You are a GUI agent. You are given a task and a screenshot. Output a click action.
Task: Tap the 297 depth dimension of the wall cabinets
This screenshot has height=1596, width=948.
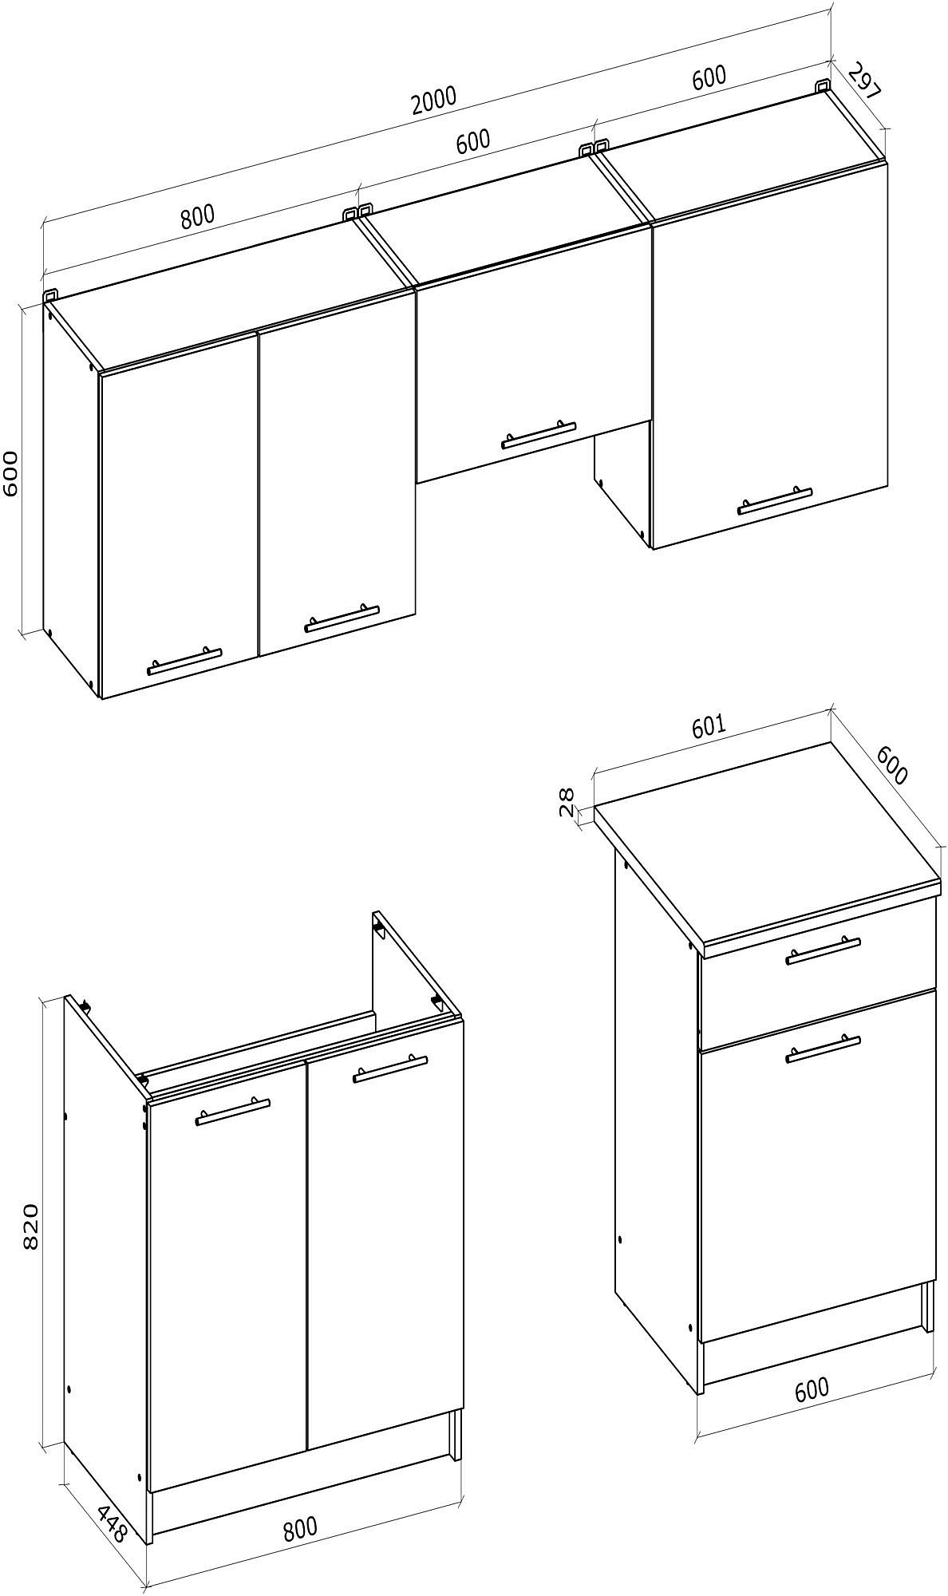(864, 81)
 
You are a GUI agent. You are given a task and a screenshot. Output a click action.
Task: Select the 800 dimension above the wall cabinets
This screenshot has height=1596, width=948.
(197, 216)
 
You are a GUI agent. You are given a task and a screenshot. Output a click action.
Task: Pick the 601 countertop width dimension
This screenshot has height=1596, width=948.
(708, 725)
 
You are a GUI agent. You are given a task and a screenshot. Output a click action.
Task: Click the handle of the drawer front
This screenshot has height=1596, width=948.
(824, 950)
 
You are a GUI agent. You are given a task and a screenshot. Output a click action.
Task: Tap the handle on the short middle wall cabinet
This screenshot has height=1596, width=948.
(539, 435)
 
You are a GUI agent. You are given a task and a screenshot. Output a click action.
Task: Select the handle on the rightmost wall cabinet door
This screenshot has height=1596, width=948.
(775, 500)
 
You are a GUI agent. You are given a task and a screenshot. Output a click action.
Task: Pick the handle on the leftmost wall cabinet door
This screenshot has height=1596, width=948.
(184, 660)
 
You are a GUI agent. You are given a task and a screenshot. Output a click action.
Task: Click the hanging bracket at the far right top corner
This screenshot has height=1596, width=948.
(823, 85)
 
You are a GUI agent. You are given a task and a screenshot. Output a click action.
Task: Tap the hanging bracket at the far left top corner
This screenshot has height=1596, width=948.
(50, 294)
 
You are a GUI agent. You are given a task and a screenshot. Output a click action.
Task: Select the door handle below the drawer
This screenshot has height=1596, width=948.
(824, 1048)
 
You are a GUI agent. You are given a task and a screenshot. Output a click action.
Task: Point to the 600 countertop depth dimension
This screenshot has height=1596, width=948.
(892, 764)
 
